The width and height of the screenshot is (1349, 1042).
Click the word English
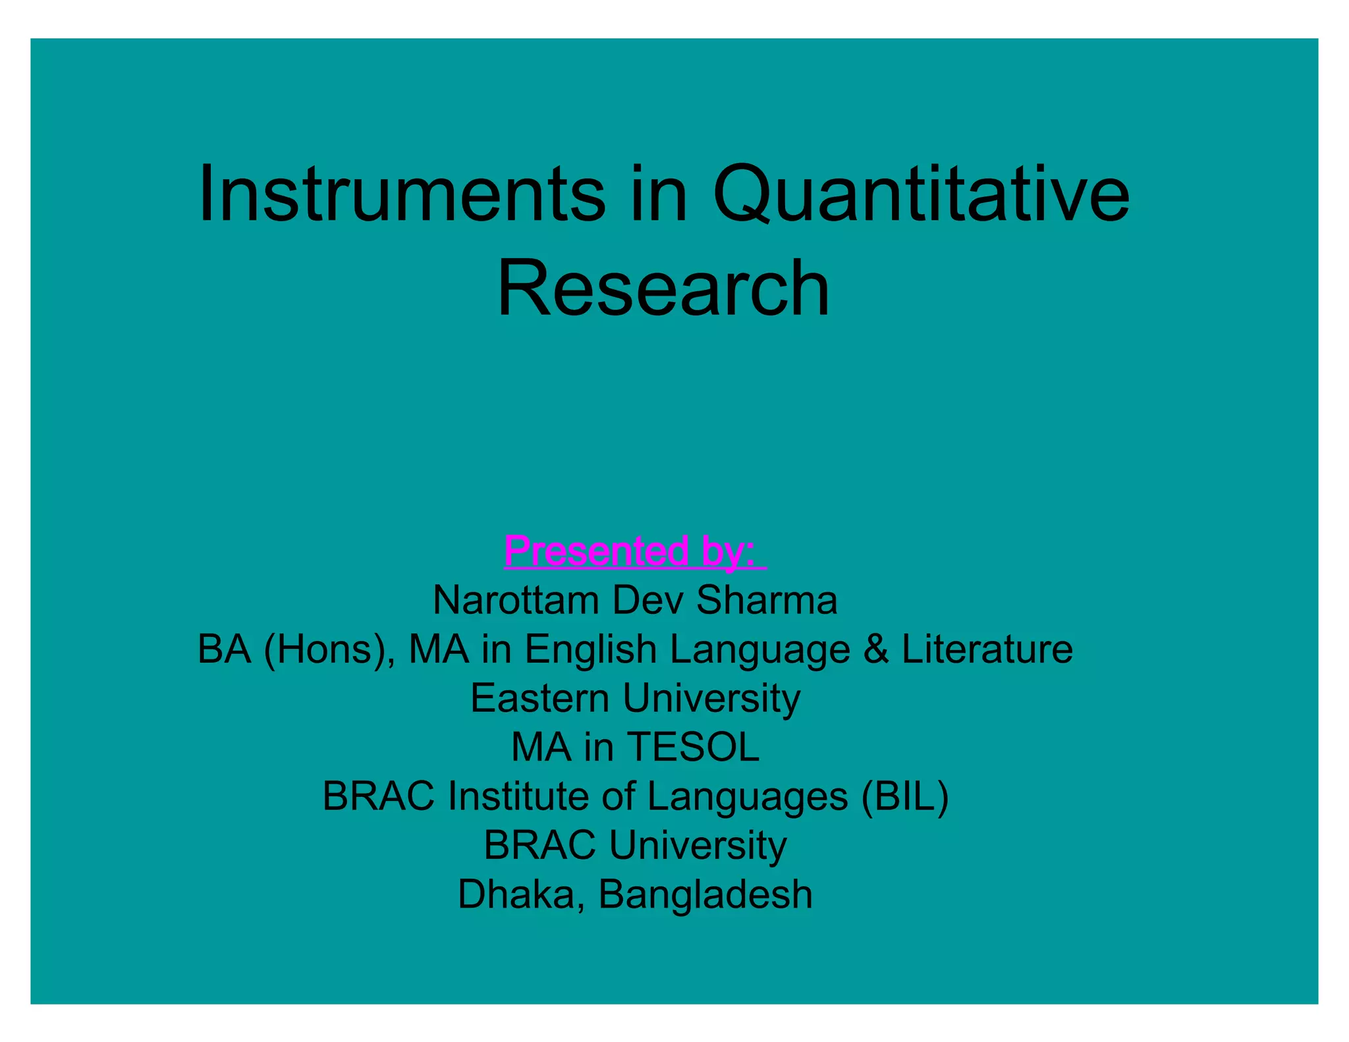pyautogui.click(x=590, y=650)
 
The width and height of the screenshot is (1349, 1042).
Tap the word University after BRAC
pyautogui.click(x=698, y=846)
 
